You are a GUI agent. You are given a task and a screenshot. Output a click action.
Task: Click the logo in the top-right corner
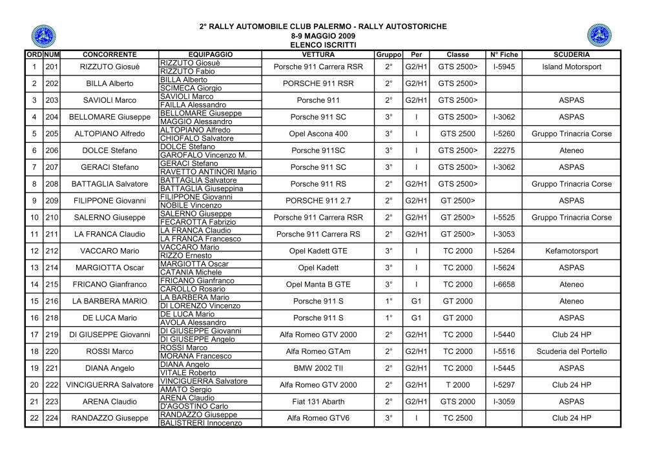[x=599, y=35]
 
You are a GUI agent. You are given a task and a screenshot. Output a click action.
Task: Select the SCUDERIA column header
[x=571, y=55]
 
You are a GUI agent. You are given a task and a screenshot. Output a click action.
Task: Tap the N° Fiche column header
[x=504, y=55]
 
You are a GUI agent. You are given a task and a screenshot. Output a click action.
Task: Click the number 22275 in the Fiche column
[x=504, y=150]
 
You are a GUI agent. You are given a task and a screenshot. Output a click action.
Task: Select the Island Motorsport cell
[x=572, y=67]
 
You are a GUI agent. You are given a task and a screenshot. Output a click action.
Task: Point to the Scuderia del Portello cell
[x=572, y=351]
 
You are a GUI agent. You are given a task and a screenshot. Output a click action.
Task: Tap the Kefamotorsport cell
[x=572, y=251]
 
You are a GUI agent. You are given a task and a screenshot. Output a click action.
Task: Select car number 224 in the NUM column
[x=52, y=419]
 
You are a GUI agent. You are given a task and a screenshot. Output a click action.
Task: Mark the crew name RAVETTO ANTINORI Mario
[x=208, y=172]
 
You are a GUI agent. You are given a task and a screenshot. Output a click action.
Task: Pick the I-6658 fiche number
[x=504, y=284]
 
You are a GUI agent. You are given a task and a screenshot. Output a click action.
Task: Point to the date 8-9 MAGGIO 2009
[x=323, y=36]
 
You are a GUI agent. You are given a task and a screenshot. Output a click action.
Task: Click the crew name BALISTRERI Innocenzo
[x=201, y=423]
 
